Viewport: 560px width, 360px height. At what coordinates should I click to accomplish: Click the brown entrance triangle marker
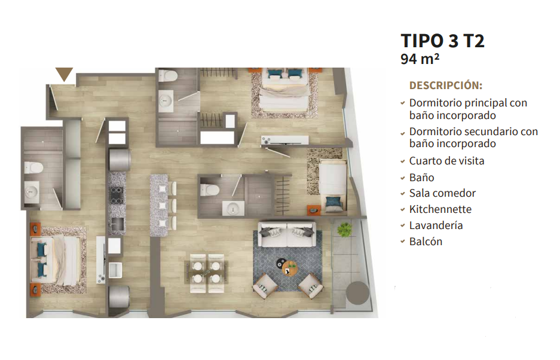point(65,74)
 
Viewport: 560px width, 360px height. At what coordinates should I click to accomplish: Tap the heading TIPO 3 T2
point(442,41)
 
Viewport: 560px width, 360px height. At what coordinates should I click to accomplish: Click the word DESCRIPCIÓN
point(446,86)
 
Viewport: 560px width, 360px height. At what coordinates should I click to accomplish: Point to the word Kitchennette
point(440,209)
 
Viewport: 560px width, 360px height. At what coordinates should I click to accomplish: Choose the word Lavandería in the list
point(436,225)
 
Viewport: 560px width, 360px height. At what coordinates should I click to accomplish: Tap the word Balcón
point(426,242)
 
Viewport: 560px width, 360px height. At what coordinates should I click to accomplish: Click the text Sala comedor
point(442,193)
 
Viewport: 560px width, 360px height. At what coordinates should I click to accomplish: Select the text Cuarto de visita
point(447,161)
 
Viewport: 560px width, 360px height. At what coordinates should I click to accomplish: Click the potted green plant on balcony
point(344,229)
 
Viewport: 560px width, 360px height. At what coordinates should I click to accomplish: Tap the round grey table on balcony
point(357,293)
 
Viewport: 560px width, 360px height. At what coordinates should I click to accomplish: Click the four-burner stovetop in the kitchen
point(117,195)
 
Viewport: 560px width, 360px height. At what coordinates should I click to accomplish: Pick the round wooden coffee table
point(289,269)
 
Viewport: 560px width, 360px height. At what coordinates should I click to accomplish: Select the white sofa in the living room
point(287,234)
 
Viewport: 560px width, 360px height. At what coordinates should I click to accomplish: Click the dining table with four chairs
point(207,273)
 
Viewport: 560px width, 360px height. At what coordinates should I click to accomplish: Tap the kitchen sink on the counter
point(117,225)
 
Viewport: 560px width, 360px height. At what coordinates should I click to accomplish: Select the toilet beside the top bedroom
point(168,76)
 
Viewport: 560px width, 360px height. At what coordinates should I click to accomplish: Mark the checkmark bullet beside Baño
point(402,178)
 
